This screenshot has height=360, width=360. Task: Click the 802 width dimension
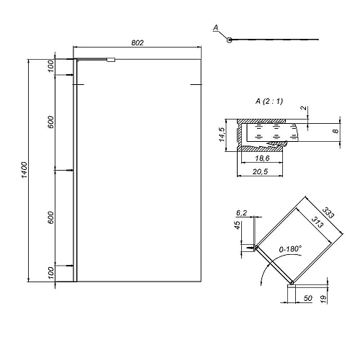(x=138, y=42)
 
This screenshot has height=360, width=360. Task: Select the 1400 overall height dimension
(x=24, y=170)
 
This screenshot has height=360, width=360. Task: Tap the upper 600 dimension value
(x=51, y=122)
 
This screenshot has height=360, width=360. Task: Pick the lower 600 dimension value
(x=51, y=217)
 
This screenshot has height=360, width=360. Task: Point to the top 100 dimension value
(x=51, y=66)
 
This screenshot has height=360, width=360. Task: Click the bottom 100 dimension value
(x=51, y=273)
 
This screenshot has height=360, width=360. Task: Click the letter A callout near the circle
(x=216, y=28)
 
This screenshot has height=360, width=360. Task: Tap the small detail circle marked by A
(x=229, y=40)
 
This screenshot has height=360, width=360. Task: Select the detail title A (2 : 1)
(x=269, y=101)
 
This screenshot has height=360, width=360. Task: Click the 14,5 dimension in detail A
(x=222, y=135)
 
